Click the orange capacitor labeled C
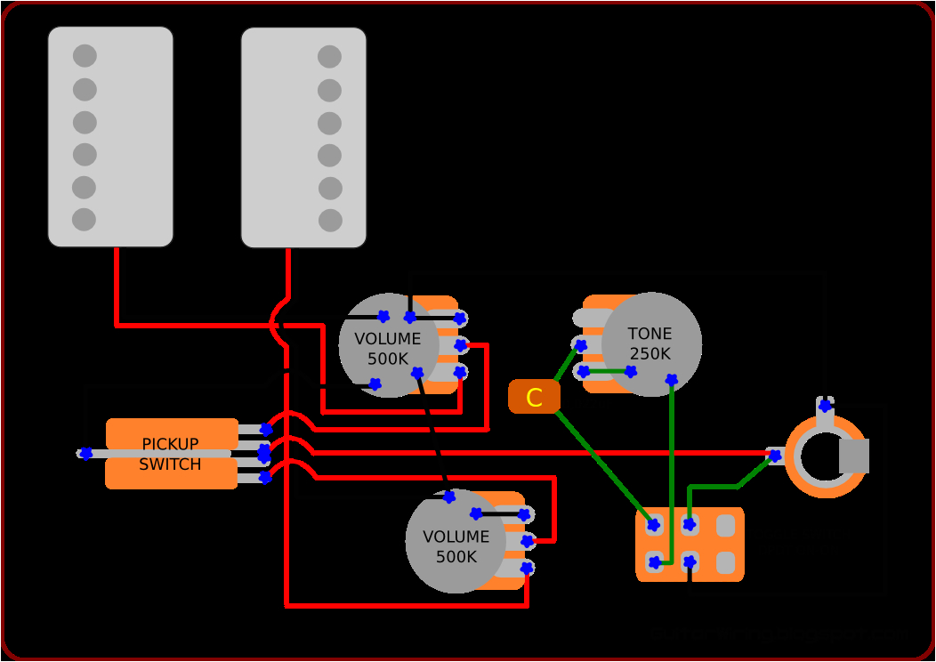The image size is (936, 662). pos(534,397)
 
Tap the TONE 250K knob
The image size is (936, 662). pos(651,343)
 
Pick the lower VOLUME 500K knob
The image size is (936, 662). pos(456,543)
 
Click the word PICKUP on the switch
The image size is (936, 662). pos(170,444)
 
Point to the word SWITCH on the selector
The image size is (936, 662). pos(170,464)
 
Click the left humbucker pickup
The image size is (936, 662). pos(110,136)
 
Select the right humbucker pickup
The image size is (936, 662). pos(303,137)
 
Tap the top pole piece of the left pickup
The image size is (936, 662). pos(85,56)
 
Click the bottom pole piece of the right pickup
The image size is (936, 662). pos(330,220)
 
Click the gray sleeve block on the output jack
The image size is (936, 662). pos(854,456)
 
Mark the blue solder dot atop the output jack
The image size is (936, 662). pos(825,406)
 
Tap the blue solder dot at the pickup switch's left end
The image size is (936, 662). pos(85,453)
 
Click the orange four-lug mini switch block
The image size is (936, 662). pos(690,544)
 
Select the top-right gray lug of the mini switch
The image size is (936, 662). pos(726,525)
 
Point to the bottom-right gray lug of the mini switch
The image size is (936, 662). pos(726,562)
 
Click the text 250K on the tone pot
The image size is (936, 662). pos(650,353)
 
